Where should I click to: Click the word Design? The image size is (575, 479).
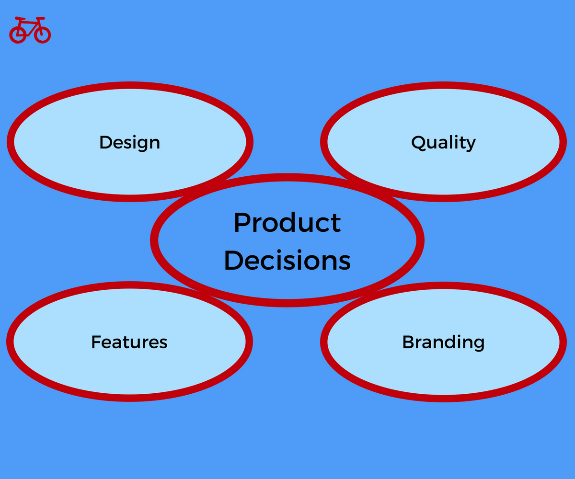(x=129, y=143)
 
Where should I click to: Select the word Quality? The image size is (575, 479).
(x=443, y=143)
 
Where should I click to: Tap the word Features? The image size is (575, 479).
(x=129, y=342)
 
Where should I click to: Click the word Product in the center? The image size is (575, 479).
(x=287, y=223)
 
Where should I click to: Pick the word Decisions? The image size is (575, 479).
(x=287, y=261)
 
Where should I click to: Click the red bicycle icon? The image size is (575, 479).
(x=30, y=30)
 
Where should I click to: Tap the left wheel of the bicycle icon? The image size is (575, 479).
(x=18, y=34)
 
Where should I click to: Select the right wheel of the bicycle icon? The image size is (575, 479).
(x=43, y=34)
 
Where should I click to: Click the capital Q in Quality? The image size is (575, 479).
(x=419, y=143)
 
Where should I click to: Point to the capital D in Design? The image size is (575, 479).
(x=106, y=142)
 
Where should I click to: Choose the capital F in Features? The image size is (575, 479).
(x=96, y=342)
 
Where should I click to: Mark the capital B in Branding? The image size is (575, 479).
(x=409, y=342)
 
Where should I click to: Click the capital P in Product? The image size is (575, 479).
(x=242, y=223)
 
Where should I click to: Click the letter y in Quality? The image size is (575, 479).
(x=471, y=145)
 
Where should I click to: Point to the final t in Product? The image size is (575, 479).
(x=336, y=224)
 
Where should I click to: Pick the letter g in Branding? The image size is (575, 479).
(x=478, y=345)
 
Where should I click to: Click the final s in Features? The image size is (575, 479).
(x=163, y=344)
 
